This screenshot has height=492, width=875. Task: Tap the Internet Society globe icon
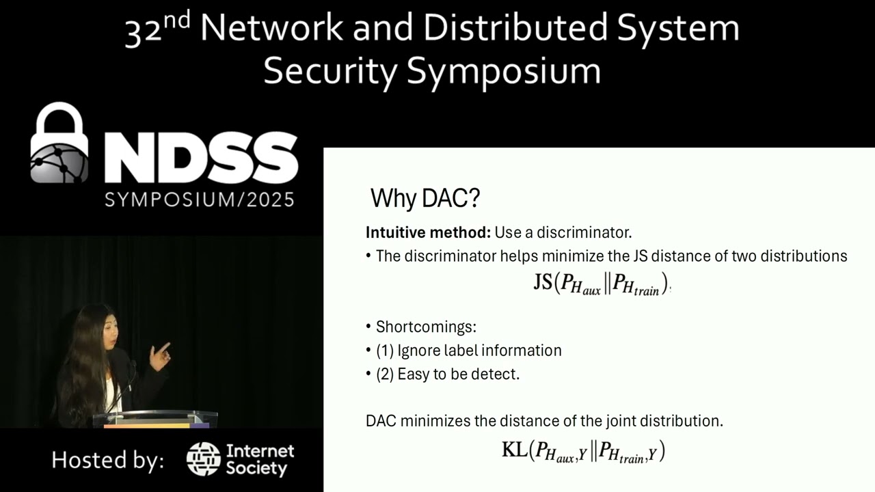pyautogui.click(x=203, y=459)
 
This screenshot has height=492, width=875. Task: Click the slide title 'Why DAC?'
pyautogui.click(x=425, y=199)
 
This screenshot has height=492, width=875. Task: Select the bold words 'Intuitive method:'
pyautogui.click(x=428, y=232)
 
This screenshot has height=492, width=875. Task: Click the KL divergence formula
pyautogui.click(x=583, y=451)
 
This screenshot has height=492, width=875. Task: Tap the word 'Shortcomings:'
pyautogui.click(x=426, y=327)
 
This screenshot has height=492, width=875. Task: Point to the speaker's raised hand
pyautogui.click(x=160, y=355)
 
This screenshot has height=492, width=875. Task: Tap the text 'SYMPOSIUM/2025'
pyautogui.click(x=200, y=200)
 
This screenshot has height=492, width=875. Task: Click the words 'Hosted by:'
pyautogui.click(x=107, y=460)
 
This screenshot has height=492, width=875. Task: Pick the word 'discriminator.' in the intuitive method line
pyautogui.click(x=584, y=232)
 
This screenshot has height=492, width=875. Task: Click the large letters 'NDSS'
pyautogui.click(x=200, y=159)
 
